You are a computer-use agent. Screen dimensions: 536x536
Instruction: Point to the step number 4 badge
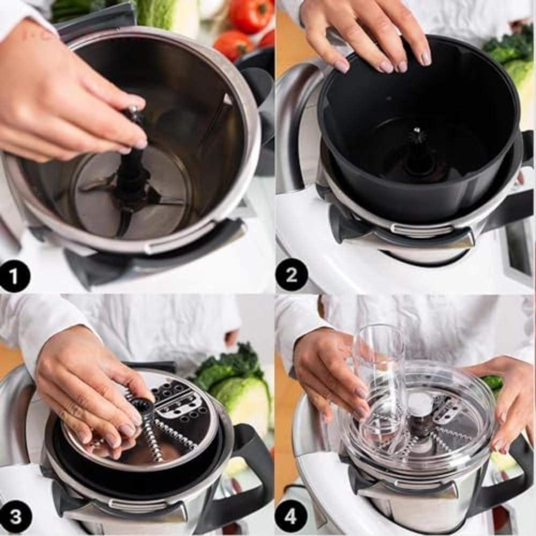click(292, 517)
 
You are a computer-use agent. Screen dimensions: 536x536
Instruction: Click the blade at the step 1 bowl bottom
click(161, 198)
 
